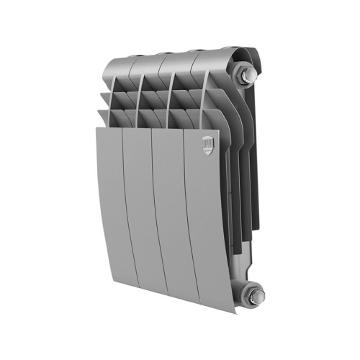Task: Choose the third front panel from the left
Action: point(173,216)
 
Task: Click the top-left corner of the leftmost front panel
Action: point(96,130)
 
